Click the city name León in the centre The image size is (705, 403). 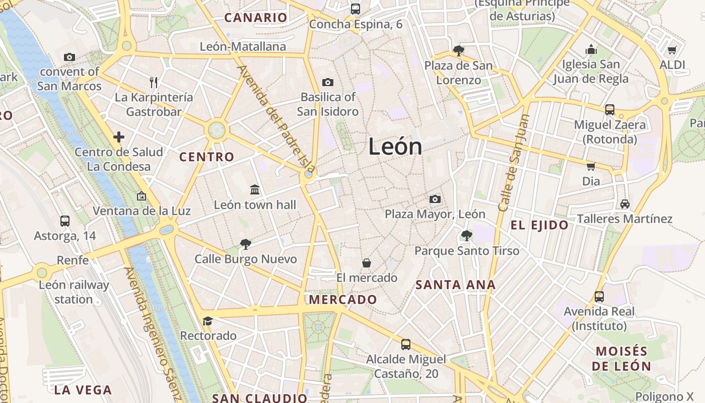(x=395, y=147)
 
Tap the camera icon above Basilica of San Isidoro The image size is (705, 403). (x=328, y=82)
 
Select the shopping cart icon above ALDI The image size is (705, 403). (x=672, y=50)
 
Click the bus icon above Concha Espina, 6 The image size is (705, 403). (x=356, y=9)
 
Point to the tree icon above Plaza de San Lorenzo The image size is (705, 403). (x=458, y=50)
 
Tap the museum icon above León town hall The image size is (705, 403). (x=255, y=190)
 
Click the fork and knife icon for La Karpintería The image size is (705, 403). (x=154, y=82)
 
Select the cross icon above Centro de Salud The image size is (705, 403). (x=119, y=137)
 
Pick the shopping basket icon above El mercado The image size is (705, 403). (x=367, y=263)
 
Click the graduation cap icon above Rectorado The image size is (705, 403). (x=207, y=321)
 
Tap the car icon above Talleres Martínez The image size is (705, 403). (x=624, y=204)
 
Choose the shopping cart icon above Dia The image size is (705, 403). (x=591, y=166)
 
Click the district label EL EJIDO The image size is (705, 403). (x=539, y=225)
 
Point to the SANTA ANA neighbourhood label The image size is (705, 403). (x=455, y=285)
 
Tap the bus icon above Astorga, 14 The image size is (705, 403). (x=64, y=221)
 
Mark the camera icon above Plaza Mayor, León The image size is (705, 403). (x=435, y=199)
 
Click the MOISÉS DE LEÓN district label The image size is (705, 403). (x=621, y=358)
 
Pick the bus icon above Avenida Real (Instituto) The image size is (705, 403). (x=599, y=297)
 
